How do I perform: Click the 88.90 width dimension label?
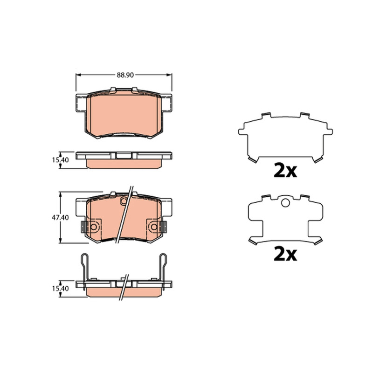tap(125, 75)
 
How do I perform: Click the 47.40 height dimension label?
tap(60, 217)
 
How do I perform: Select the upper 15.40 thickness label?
tap(61, 160)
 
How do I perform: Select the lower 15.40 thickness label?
tap(61, 289)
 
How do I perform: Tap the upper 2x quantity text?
tap(285, 171)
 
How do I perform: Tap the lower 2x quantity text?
tap(285, 254)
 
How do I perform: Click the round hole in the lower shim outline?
tap(285, 203)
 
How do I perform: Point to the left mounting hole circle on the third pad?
tap(94, 227)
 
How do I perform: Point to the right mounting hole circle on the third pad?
tap(154, 227)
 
